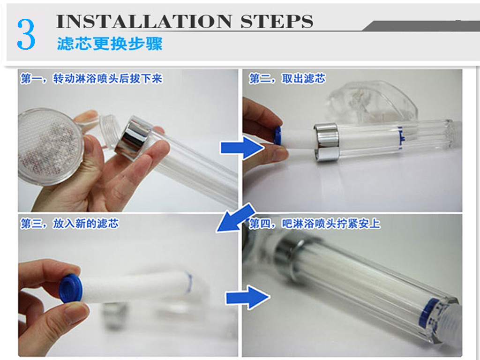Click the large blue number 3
(26, 34)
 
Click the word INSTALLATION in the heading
(144, 22)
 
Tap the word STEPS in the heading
(277, 22)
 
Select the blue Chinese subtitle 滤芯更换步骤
(110, 44)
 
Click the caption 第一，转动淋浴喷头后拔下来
(91, 79)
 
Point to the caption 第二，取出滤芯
(287, 79)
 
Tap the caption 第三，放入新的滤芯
(69, 224)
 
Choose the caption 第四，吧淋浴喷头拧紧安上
(315, 224)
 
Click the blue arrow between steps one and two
(242, 148)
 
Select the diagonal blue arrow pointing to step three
(236, 218)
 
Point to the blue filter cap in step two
(278, 135)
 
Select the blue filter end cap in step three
(71, 288)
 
